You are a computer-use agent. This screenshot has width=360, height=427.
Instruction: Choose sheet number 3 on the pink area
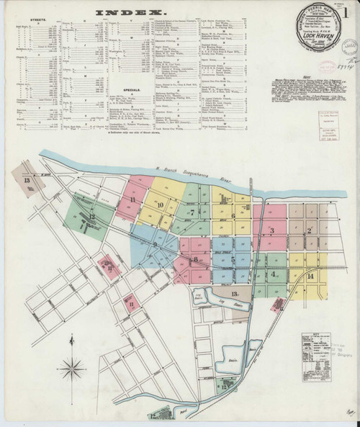coord(272,230)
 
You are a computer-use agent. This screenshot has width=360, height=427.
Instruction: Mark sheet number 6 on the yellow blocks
coord(233,216)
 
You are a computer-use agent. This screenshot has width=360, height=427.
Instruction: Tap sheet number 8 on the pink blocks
coord(194,259)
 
